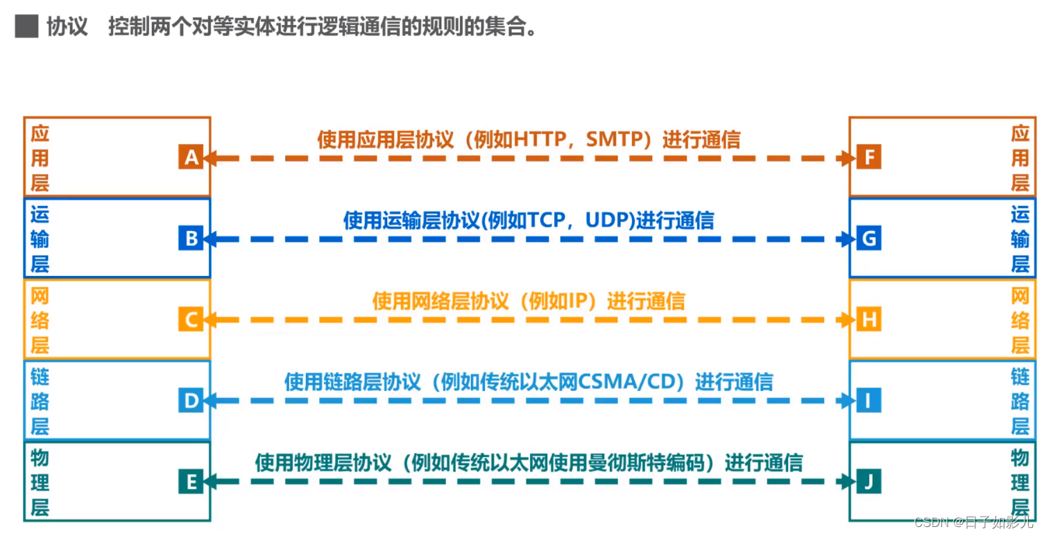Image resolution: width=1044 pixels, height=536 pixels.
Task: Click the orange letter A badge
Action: coord(191,158)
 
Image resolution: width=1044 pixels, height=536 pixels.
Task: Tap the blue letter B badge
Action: coord(191,239)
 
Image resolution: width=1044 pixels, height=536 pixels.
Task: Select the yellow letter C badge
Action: coord(191,320)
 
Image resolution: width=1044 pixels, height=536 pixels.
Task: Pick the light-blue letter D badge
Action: coord(191,401)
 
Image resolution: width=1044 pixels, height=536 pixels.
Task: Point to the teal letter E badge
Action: coord(191,481)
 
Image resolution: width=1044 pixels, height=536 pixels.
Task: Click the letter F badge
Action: coord(867,158)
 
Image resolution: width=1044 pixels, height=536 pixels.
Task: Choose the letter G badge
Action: coord(867,239)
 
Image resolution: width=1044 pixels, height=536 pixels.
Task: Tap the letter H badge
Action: coord(867,320)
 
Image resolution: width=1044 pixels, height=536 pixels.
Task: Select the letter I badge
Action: coord(867,401)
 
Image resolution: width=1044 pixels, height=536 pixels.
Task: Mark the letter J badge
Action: coord(867,481)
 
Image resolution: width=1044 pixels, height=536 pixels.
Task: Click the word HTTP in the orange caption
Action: coord(538,140)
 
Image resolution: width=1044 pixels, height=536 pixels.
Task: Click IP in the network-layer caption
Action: coord(579,301)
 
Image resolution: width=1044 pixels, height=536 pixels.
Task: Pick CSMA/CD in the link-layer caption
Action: coord(636,382)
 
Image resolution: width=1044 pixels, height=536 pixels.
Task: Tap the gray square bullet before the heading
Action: coord(26,27)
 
